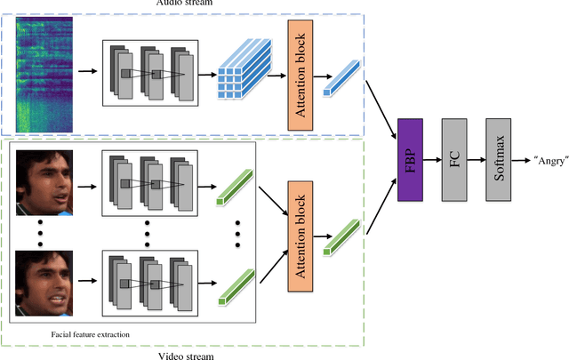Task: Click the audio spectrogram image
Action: (x=44, y=68)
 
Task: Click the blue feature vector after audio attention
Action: (x=342, y=76)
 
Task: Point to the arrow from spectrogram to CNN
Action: (x=87, y=68)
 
